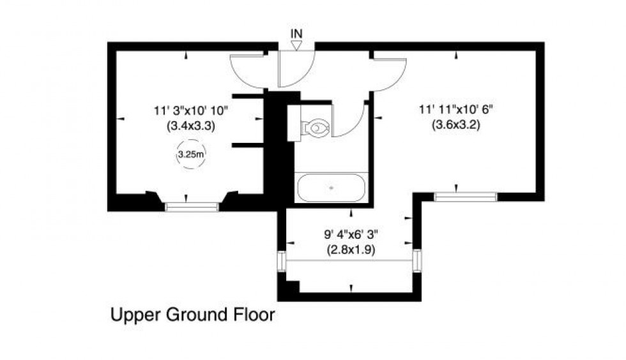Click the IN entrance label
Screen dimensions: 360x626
pos(296,33)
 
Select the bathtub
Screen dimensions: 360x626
pos(332,188)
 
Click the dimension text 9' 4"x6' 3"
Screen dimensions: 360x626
pos(351,234)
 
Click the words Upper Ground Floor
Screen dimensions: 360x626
pos(193,315)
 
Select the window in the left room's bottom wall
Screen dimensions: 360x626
pos(192,206)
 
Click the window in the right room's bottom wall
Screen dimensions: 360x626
pos(465,197)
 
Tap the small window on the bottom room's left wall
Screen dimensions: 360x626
pos(281,261)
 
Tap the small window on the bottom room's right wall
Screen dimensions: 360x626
pos(417,260)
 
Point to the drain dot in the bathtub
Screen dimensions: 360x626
pos(331,188)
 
